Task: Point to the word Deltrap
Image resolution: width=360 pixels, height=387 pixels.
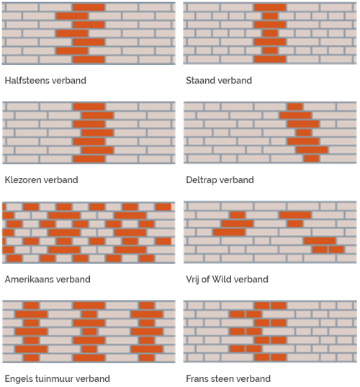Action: point(202,179)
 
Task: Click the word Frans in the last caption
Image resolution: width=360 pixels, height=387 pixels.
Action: point(197,378)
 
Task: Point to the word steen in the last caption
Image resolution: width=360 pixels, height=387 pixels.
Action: point(225,378)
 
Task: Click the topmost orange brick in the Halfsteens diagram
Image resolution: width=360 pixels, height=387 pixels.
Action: point(89,7)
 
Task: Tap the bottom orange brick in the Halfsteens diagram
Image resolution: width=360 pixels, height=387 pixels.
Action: point(89,60)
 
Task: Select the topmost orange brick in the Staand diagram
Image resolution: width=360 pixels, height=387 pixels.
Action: point(270,7)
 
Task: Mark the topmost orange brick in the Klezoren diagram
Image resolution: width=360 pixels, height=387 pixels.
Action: point(89,107)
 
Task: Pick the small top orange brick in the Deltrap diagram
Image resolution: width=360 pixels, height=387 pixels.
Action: point(294,107)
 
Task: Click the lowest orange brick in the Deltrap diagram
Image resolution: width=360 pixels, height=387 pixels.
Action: point(311,159)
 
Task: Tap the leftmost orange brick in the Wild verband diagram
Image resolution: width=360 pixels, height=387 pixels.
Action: point(229,232)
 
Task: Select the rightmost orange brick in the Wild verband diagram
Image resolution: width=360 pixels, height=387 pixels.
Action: point(337,249)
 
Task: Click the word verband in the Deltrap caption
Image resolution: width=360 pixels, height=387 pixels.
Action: point(237,179)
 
